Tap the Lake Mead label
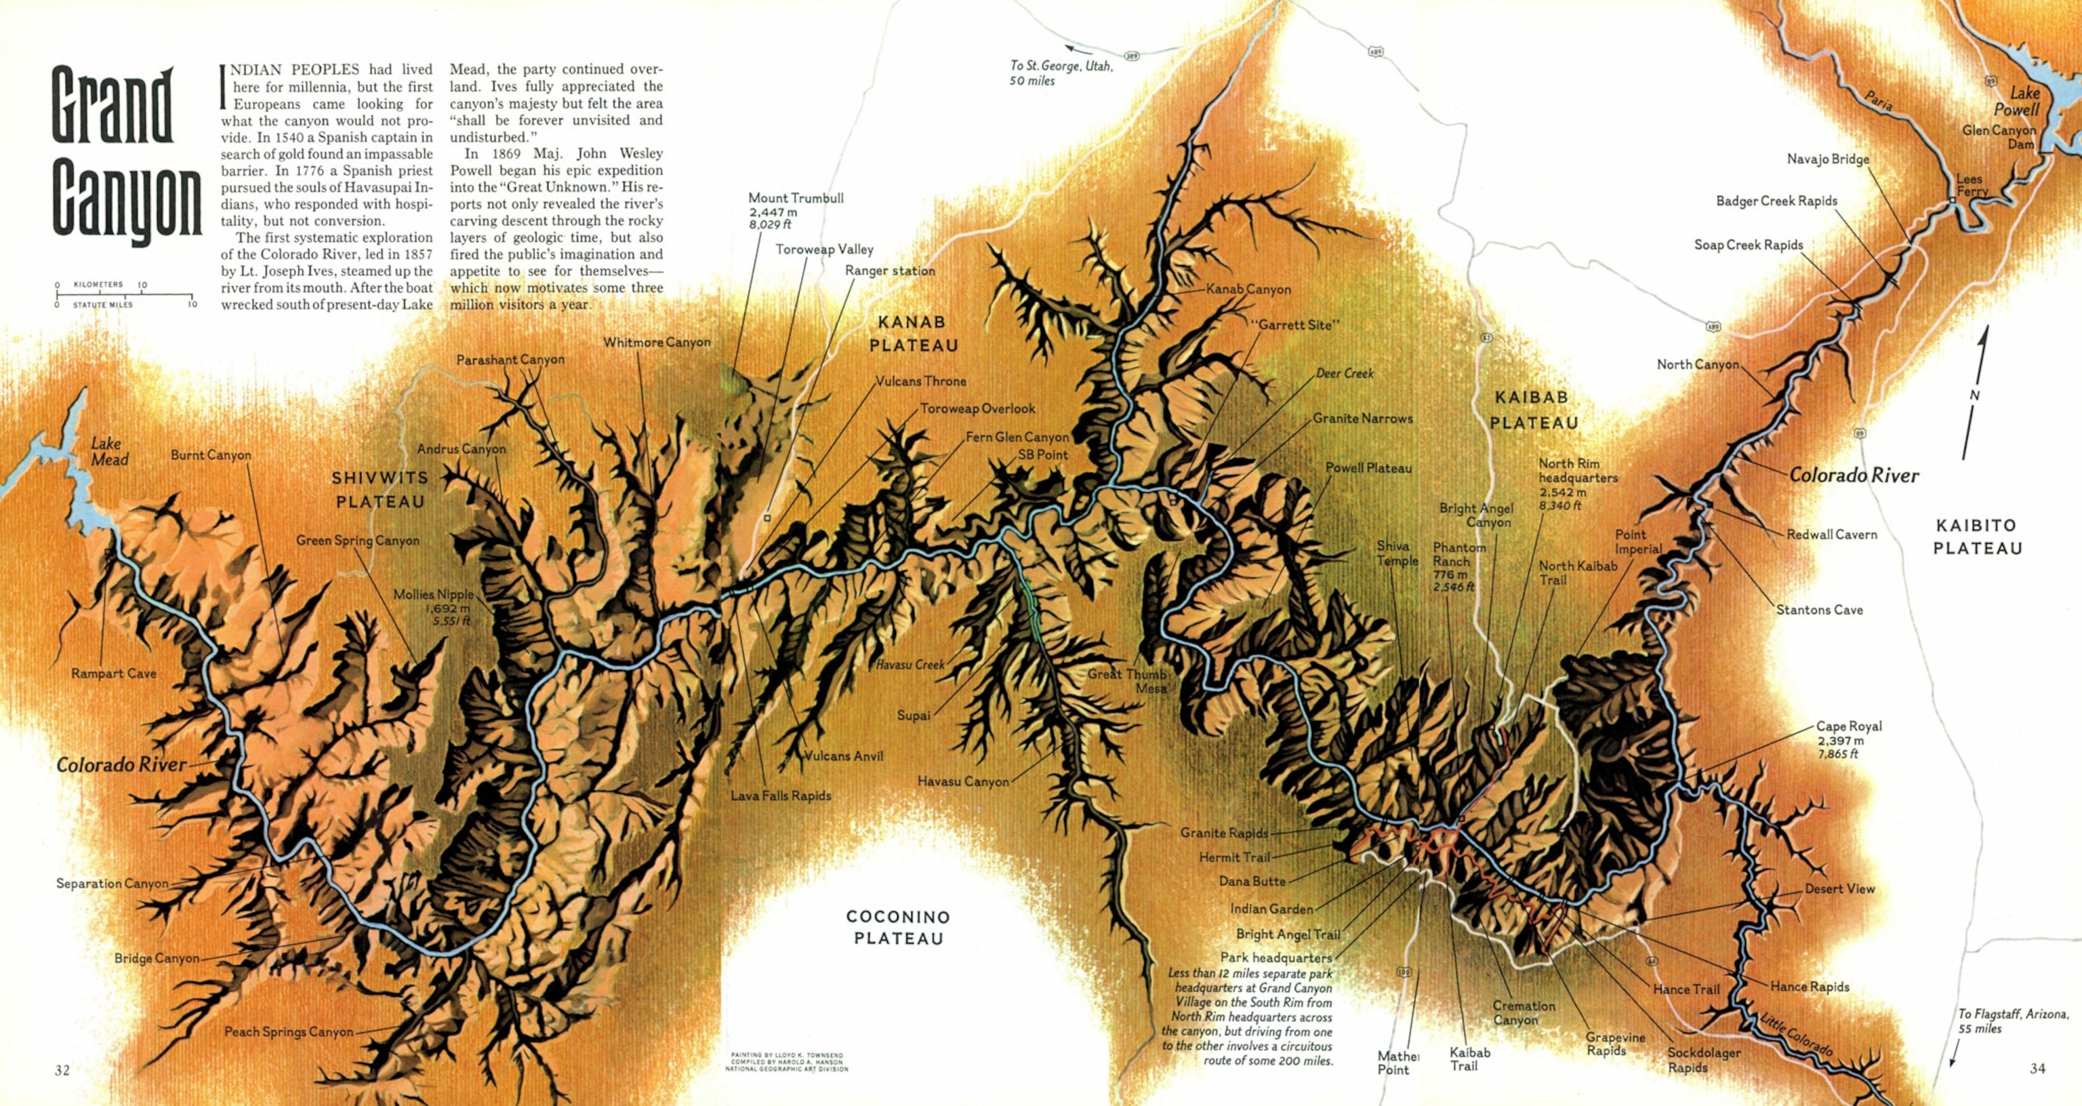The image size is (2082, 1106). [109, 451]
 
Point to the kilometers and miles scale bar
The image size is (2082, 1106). [125, 294]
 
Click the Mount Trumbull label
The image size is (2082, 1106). [794, 210]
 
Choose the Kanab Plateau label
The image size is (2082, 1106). [914, 333]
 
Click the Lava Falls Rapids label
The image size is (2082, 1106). [781, 795]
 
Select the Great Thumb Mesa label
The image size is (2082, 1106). [1128, 681]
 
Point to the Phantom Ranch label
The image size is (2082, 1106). [1459, 566]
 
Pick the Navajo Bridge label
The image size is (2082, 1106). [1827, 159]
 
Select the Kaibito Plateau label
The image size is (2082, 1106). [1977, 537]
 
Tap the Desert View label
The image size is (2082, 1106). [1839, 888]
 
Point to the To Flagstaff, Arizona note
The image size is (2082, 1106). [2012, 1021]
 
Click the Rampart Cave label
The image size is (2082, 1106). [113, 673]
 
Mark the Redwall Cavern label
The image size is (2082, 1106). [1831, 534]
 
